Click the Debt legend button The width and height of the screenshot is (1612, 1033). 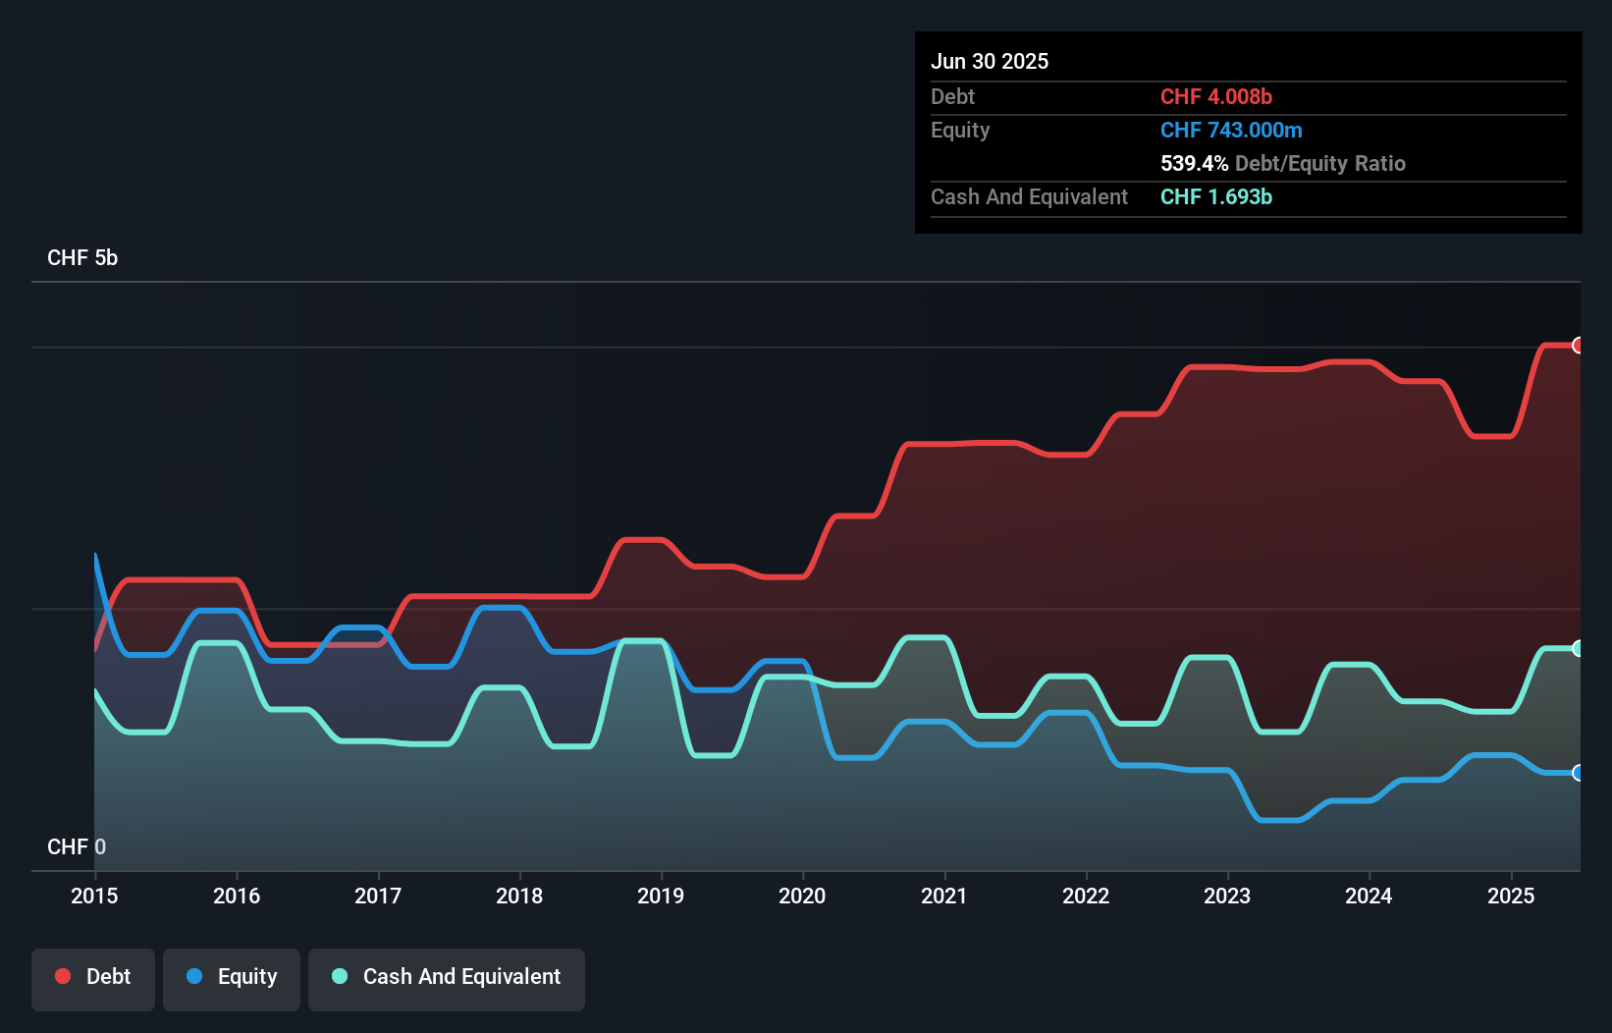[93, 978]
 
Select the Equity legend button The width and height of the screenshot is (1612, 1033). [232, 978]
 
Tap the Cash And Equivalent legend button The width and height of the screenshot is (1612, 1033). [447, 978]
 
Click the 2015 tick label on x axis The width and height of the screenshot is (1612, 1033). [94, 896]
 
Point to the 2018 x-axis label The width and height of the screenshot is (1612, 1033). [519, 896]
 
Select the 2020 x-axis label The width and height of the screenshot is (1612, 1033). [802, 896]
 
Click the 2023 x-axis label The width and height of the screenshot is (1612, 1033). [1227, 896]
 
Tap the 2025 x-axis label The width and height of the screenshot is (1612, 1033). [1511, 896]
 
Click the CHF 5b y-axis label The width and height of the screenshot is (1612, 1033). [82, 257]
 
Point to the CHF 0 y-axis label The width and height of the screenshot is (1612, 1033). [77, 846]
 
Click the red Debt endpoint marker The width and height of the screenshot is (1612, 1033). [1578, 345]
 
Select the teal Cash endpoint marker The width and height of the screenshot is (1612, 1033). [1578, 648]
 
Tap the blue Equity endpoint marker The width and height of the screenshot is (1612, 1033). [1578, 773]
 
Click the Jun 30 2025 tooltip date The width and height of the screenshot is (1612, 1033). [990, 61]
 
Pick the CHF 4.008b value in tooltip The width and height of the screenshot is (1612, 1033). [1216, 96]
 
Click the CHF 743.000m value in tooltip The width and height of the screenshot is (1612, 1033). [1231, 130]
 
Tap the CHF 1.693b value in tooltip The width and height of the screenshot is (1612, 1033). [1216, 196]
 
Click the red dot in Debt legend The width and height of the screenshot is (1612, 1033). [63, 976]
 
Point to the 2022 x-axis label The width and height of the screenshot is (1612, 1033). [1086, 896]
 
